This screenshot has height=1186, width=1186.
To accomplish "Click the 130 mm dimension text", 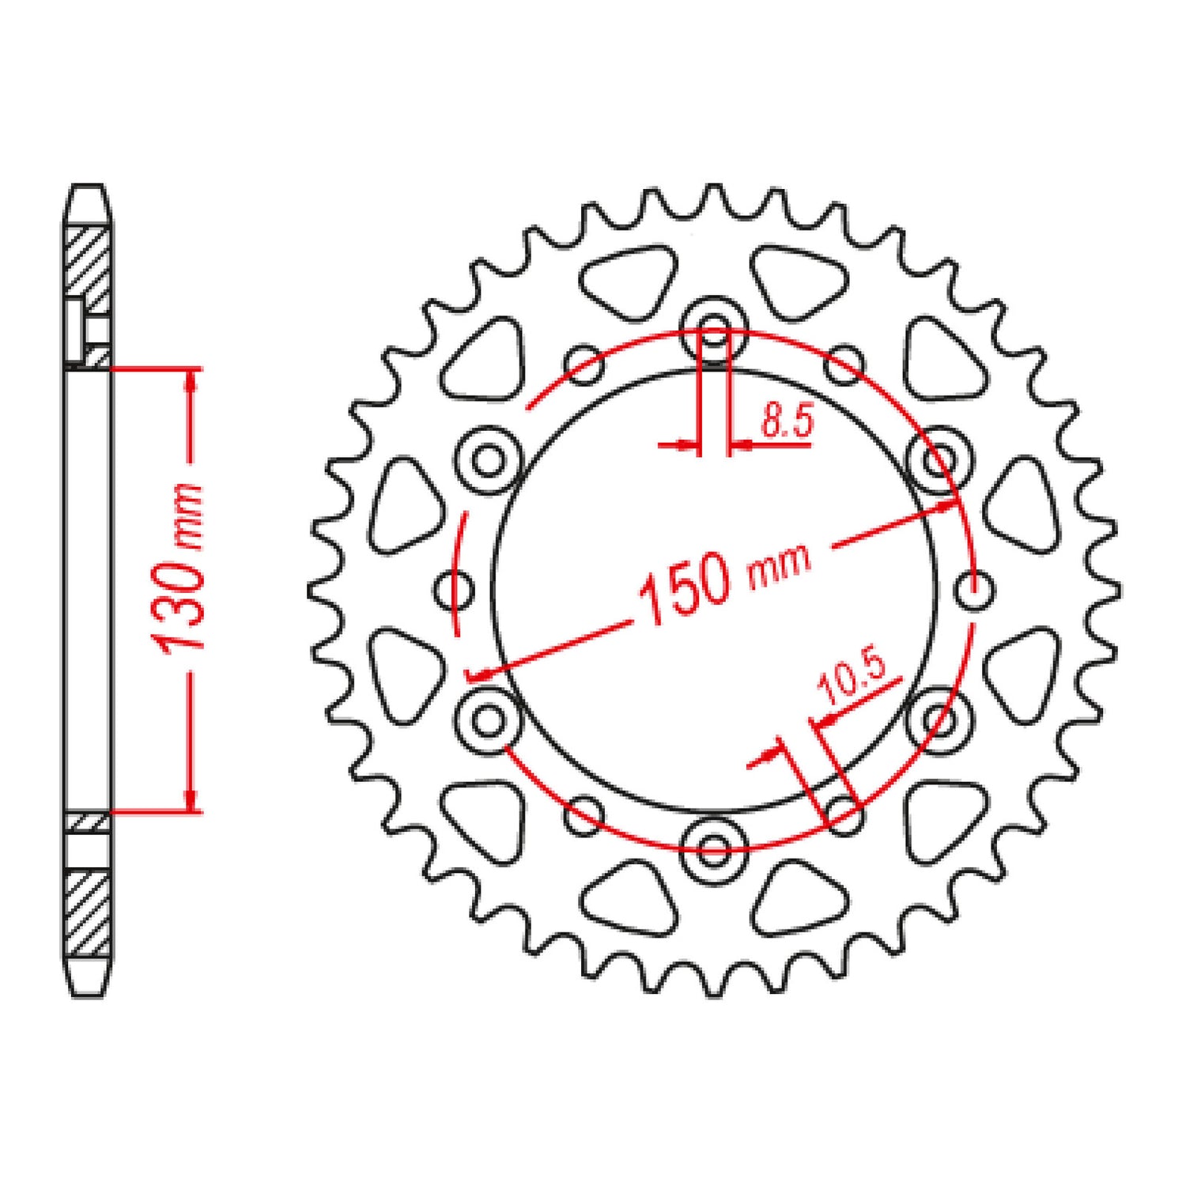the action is (x=182, y=566).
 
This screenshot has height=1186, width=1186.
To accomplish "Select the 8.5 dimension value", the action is (x=787, y=421).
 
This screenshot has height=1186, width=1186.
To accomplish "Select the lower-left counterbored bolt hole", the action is (x=490, y=719).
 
